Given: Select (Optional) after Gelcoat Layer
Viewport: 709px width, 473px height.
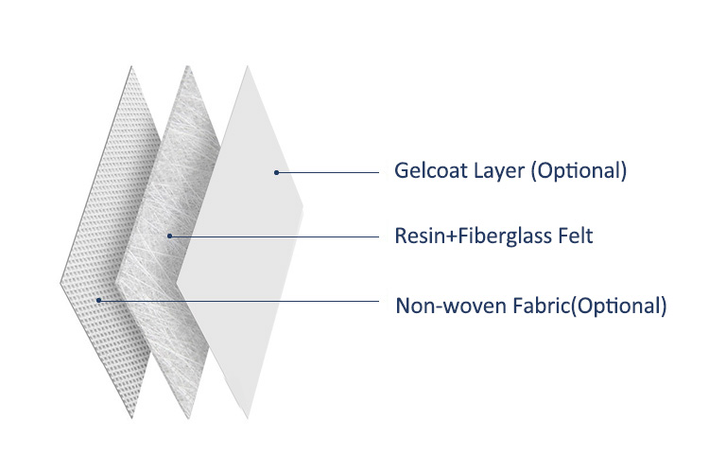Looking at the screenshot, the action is tap(579, 171).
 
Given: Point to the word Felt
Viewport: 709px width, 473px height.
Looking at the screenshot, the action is tap(575, 236).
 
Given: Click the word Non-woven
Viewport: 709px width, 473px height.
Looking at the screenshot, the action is tap(451, 306).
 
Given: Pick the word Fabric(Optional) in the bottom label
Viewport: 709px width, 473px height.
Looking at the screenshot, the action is tap(590, 306).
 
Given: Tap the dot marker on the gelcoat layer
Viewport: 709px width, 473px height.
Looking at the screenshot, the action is tap(276, 172).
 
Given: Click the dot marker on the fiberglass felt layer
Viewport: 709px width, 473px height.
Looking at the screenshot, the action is tap(169, 236).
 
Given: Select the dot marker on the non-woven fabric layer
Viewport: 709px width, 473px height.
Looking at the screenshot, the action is tap(98, 300).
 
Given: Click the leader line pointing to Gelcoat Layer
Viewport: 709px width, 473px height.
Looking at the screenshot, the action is tap(327, 172).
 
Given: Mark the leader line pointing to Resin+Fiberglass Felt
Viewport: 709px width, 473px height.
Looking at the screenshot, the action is tap(274, 236).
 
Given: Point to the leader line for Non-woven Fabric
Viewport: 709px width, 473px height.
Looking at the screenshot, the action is tap(239, 301).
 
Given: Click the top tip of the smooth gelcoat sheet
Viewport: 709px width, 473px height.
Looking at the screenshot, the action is tap(248, 66).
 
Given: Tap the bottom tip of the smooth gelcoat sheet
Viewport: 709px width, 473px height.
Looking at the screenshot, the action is tap(248, 419).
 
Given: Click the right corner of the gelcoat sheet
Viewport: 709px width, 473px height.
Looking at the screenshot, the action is tap(303, 207).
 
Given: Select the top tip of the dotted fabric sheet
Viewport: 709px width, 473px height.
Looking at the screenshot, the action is tap(131, 66).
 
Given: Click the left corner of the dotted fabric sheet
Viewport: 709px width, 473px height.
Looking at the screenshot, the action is tap(61, 284).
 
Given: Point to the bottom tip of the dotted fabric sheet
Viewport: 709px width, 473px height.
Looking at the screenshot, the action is tap(132, 419).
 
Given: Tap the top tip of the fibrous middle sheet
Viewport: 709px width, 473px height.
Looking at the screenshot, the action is tap(188, 66).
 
